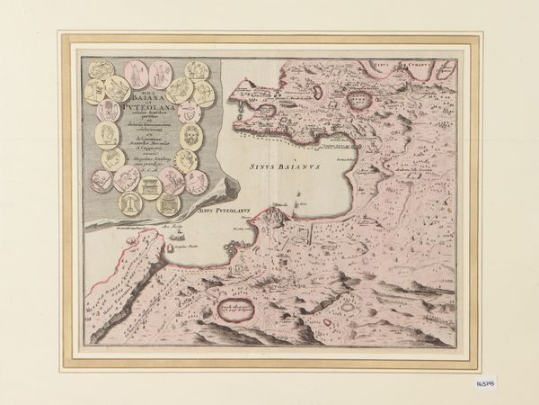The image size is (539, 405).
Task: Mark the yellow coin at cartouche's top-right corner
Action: [x=197, y=71]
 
